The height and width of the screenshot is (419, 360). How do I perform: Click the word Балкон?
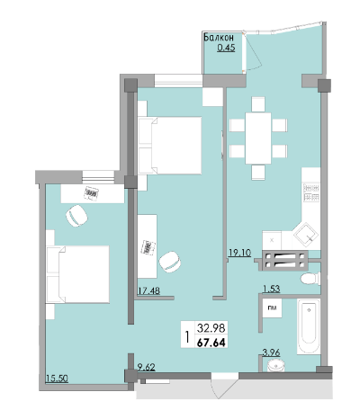[219, 38]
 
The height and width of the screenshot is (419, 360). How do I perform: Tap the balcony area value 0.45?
[226, 48]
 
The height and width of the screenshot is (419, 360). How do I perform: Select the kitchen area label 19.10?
[239, 253]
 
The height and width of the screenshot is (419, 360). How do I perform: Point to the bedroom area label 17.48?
[148, 290]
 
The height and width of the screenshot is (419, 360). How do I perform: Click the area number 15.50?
[57, 379]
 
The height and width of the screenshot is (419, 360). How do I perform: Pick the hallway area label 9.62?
[146, 367]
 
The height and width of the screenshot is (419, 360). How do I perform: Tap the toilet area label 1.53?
[272, 289]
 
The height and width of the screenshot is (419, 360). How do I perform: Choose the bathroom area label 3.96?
[271, 352]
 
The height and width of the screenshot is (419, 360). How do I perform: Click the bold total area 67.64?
[211, 342]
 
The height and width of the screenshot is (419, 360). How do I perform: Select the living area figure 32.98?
[211, 328]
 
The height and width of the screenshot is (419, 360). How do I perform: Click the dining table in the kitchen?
[258, 138]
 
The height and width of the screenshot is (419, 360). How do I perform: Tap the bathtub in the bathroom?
[309, 326]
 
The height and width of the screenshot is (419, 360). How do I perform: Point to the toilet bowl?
[310, 279]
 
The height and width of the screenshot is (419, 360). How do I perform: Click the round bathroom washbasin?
[275, 365]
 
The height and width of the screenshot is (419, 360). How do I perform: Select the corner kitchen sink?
[306, 236]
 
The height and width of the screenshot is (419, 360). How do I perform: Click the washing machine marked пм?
[272, 308]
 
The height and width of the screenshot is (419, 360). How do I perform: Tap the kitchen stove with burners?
[311, 192]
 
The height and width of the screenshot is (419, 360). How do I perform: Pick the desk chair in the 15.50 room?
[76, 216]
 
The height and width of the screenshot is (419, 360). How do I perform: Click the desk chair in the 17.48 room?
[170, 262]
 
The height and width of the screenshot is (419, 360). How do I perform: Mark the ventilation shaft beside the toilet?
[285, 261]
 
